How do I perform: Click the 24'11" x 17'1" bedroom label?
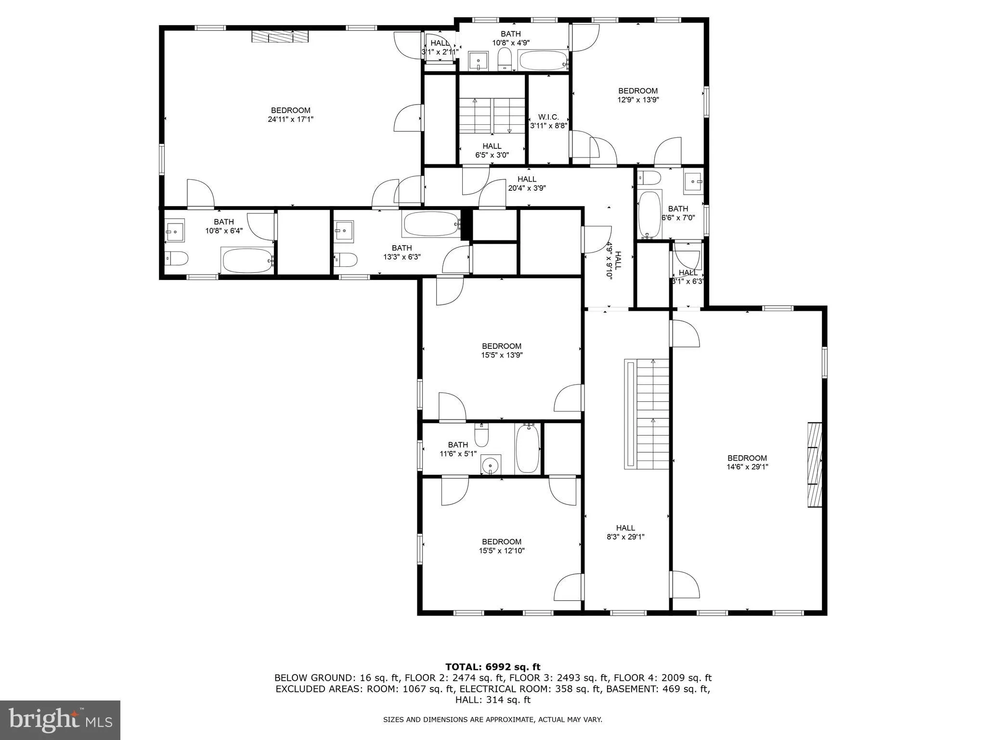click(x=290, y=115)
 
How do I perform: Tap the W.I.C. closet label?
click(x=548, y=121)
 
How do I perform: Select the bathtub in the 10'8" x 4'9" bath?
click(x=543, y=61)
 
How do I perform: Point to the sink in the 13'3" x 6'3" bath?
click(x=344, y=230)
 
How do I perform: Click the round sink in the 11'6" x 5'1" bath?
click(x=491, y=465)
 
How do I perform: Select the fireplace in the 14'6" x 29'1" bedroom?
click(x=815, y=464)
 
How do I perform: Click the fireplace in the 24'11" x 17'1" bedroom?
click(x=280, y=37)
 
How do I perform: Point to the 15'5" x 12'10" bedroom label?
click(x=502, y=546)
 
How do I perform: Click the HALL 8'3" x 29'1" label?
click(x=625, y=532)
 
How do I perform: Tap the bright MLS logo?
click(x=60, y=720)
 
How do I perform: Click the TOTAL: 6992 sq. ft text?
click(x=493, y=667)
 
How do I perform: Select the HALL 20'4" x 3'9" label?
click(x=527, y=184)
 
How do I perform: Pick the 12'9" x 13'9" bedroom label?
click(x=638, y=95)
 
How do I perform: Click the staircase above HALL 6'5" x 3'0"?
click(x=492, y=115)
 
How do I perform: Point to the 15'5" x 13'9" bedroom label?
click(x=502, y=350)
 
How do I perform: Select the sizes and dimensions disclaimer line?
click(x=493, y=720)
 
